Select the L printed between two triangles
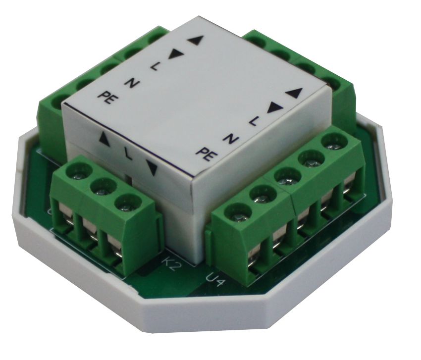coord(128,154)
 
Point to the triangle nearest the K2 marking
coord(152,167)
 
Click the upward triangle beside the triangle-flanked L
coord(105,139)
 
